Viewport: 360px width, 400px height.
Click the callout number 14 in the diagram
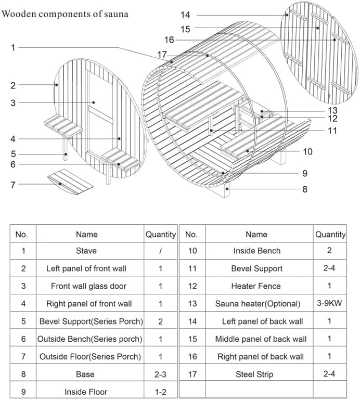pos(185,15)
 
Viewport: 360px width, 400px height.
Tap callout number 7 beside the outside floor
pos(13,185)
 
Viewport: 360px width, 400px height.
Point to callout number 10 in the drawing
pos(307,152)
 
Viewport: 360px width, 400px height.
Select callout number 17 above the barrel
pos(162,55)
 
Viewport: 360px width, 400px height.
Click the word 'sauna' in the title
pos(116,14)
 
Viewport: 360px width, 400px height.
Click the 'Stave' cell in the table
pos(86,251)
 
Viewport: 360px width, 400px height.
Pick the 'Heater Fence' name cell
pos(256,286)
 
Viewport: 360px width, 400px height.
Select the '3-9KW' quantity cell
pos(329,303)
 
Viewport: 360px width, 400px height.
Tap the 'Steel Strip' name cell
pos(254,374)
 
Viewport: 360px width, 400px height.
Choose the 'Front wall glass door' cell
pos(88,286)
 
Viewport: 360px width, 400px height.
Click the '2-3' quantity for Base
pos(160,374)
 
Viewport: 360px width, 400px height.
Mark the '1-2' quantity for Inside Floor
pos(160,392)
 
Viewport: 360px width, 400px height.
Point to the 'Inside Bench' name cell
pos(257,251)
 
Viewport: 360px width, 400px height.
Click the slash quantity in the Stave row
pos(160,251)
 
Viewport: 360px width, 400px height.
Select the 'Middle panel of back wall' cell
pos(261,339)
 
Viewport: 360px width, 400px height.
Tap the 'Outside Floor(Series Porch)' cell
pos(90,356)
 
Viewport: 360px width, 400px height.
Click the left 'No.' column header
pos(21,235)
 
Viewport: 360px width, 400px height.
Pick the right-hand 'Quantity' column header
pos(330,235)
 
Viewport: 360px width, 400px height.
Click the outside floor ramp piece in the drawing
pos(70,182)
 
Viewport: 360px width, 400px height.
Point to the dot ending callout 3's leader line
pos(94,102)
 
